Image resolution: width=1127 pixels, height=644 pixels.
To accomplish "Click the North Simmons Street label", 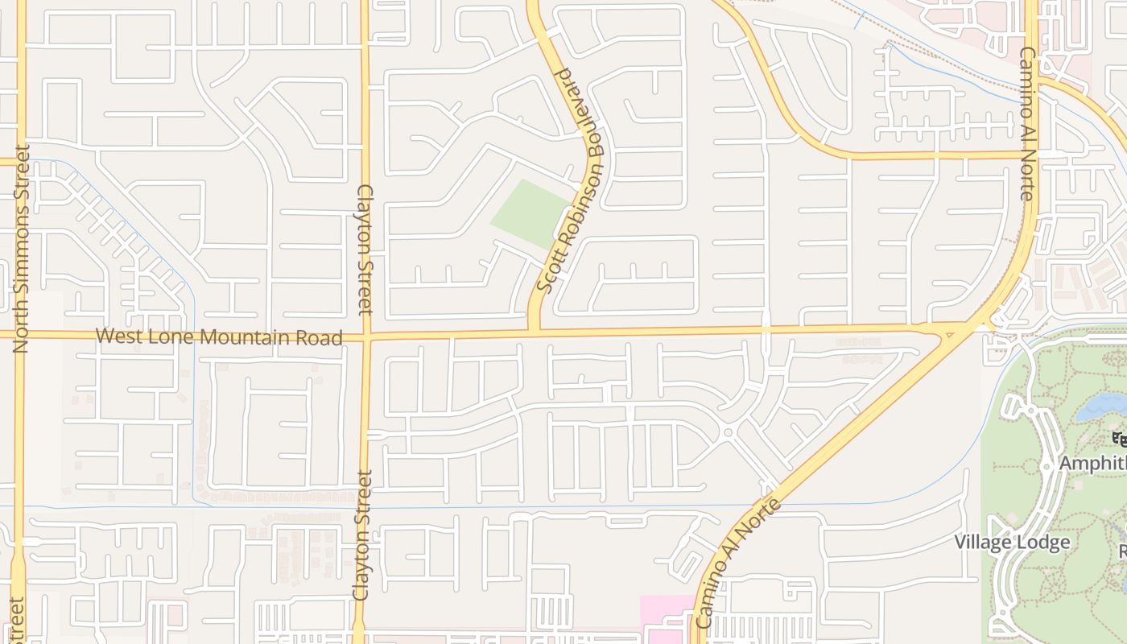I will click(x=21, y=248).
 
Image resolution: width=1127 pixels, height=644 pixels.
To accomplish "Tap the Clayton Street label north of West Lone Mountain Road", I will click(x=365, y=250).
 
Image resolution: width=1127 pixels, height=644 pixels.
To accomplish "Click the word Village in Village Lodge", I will click(x=982, y=542).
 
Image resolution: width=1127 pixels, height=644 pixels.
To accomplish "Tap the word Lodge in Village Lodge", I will click(x=1042, y=542).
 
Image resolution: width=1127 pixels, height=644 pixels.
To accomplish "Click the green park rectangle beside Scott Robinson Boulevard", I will click(x=530, y=213).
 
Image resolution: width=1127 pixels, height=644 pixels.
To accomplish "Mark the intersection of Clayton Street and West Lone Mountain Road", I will click(x=365, y=335).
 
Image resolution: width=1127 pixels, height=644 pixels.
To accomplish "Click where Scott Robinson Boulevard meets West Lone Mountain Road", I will click(x=533, y=331).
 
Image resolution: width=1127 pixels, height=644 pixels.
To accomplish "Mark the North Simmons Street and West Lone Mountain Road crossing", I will click(x=19, y=334).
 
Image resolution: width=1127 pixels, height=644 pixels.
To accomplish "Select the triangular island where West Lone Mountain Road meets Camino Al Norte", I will click(x=951, y=331).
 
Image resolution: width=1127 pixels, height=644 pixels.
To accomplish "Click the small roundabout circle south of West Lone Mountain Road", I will click(x=728, y=432).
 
